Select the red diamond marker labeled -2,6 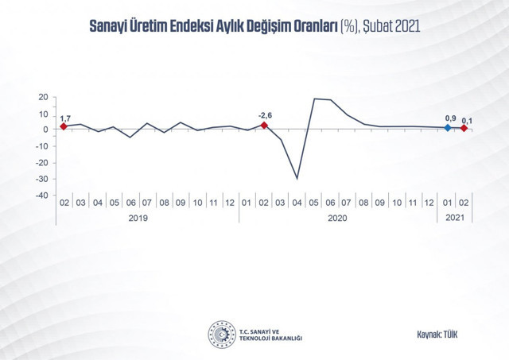click(x=264, y=126)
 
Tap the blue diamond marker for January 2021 click(x=447, y=128)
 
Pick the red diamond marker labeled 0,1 click(x=464, y=129)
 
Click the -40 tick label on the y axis click(x=41, y=195)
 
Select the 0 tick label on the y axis click(x=46, y=130)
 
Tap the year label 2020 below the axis click(x=339, y=219)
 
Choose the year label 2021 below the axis click(x=455, y=219)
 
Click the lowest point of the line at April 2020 click(x=297, y=179)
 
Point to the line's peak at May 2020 click(x=314, y=99)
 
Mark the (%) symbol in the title click(x=349, y=26)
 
